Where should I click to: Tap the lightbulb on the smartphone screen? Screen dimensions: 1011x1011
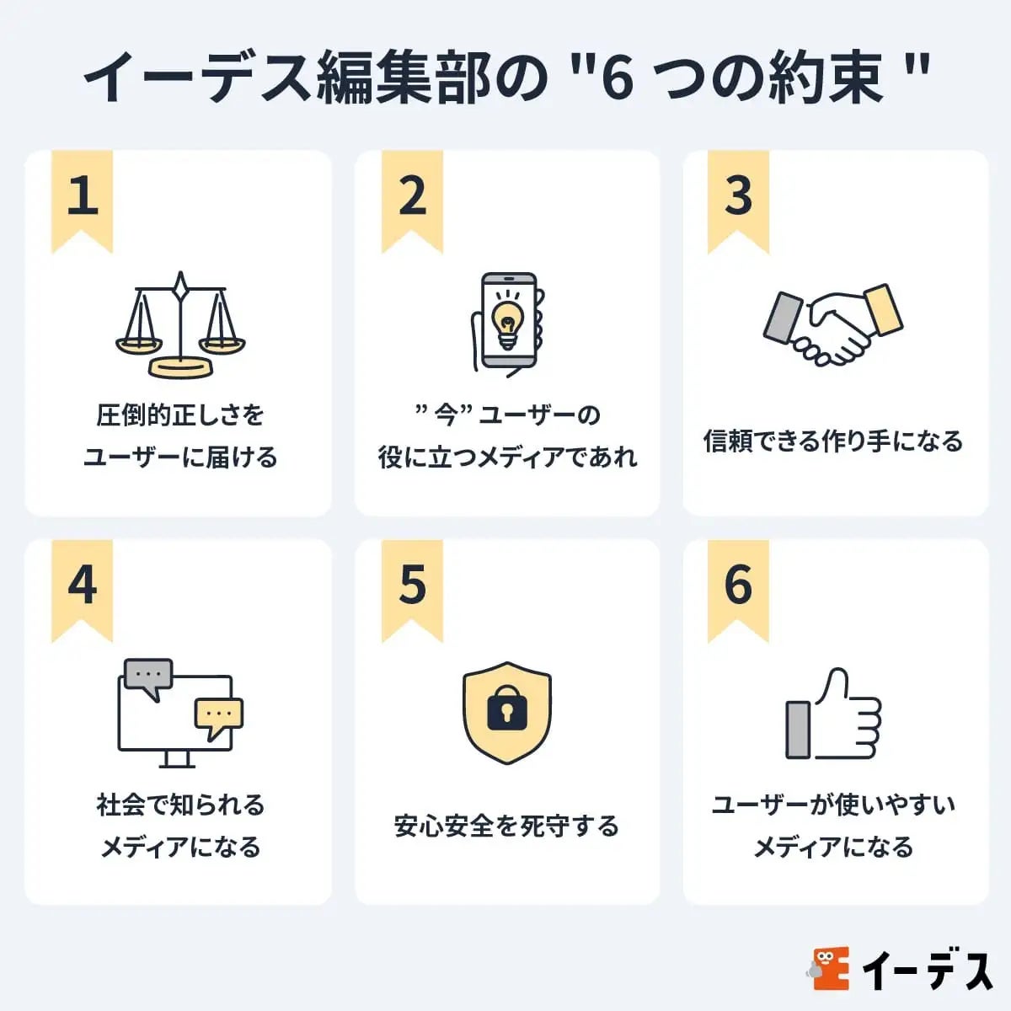508,320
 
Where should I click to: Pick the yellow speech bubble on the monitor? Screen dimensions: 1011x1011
218,715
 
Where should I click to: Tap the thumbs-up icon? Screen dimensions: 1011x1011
832,716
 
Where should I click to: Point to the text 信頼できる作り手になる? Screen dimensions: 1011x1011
832,441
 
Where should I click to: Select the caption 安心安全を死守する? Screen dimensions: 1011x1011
506,826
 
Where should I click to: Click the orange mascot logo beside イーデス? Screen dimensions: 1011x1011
831,969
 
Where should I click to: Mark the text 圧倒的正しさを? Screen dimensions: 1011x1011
180,415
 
